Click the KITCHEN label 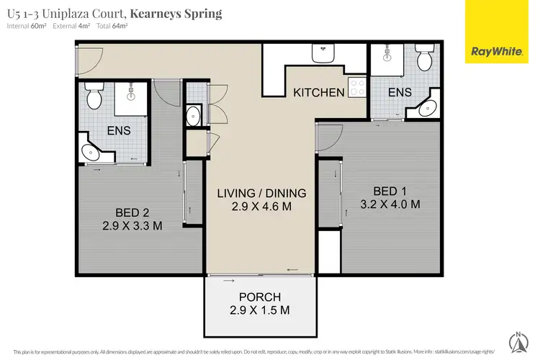click(x=318, y=92)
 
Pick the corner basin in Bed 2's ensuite click(x=91, y=153)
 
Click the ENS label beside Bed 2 click(x=119, y=132)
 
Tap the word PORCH click(x=261, y=297)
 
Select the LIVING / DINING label click(x=262, y=193)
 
